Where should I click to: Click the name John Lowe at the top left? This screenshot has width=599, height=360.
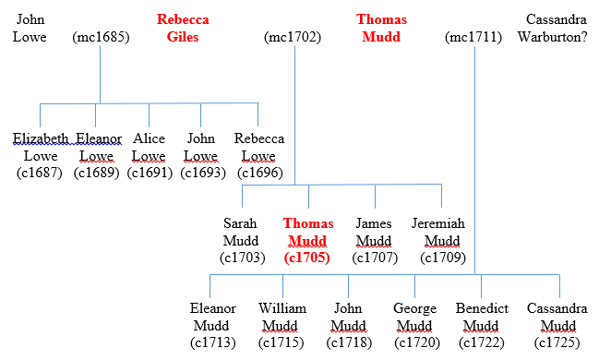click(x=29, y=28)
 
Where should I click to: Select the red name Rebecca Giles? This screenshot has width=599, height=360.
click(x=182, y=28)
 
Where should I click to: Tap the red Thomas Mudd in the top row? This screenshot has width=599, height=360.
click(x=381, y=28)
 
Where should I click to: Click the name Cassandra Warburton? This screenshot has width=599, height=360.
click(x=557, y=28)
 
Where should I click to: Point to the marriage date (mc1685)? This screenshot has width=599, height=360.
click(x=101, y=38)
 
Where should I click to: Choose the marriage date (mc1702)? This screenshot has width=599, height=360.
click(x=293, y=38)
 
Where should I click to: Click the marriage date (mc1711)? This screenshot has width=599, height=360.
click(x=473, y=38)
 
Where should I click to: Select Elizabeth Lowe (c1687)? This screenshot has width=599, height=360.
click(x=40, y=155)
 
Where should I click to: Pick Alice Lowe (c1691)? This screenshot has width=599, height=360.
click(x=149, y=155)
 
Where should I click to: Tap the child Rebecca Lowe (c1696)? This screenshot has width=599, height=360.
click(x=259, y=155)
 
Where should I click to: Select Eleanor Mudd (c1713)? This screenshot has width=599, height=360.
click(x=213, y=325)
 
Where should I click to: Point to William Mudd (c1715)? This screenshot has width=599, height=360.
click(x=282, y=325)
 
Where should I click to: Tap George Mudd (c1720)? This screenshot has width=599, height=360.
click(x=414, y=325)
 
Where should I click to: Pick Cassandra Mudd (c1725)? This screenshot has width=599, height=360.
click(x=557, y=325)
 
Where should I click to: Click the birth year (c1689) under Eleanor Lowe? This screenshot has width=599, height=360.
click(x=99, y=173)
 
